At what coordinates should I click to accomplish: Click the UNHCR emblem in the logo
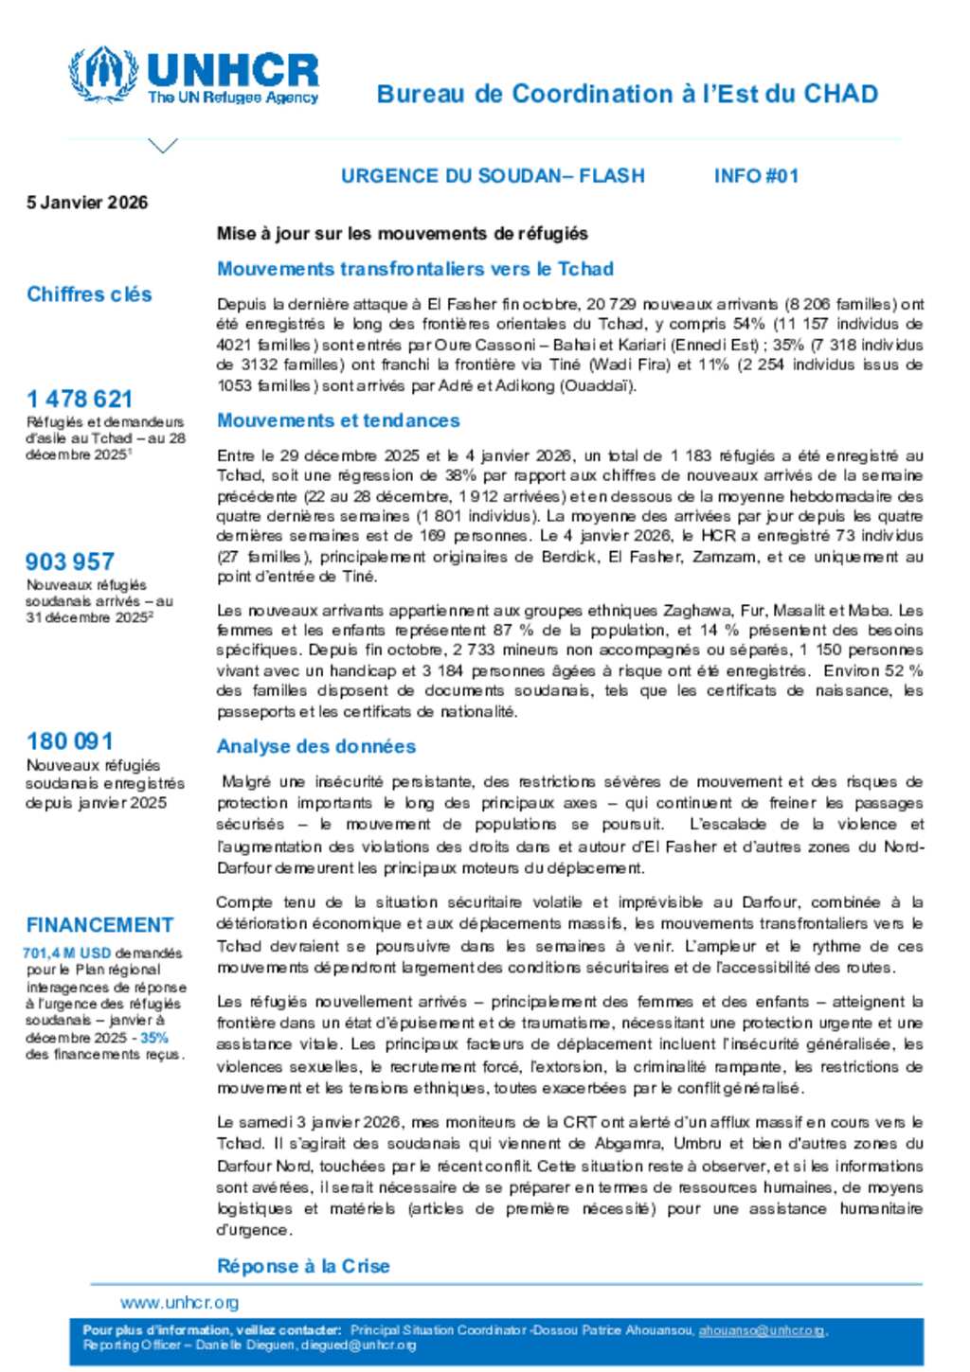[x=103, y=74]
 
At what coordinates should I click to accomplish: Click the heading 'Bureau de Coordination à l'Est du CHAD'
[x=627, y=94]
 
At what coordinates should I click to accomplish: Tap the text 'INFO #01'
[x=756, y=176]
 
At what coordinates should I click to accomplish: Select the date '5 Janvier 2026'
[x=87, y=202]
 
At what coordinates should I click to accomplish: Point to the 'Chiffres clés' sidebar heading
[x=89, y=294]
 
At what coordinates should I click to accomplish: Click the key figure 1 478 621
[x=80, y=399]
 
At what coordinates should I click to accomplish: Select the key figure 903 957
[x=70, y=561]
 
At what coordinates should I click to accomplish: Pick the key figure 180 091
[x=70, y=741]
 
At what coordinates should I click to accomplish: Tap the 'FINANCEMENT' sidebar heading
[x=99, y=925]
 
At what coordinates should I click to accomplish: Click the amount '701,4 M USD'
[x=66, y=953]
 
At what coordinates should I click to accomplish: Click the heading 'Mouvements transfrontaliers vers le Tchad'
[x=415, y=269]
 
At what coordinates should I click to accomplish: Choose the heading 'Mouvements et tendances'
[x=338, y=420]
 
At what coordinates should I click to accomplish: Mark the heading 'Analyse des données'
[x=316, y=746]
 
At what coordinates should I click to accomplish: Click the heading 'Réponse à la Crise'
[x=303, y=1266]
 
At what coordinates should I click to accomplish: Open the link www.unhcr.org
[x=179, y=1302]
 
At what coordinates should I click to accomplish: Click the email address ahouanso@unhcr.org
[x=762, y=1330]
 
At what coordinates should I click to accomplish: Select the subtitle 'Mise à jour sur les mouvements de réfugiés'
[x=403, y=234]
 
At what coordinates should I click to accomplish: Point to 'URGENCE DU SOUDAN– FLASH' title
[x=493, y=176]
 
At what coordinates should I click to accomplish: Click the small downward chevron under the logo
[x=163, y=146]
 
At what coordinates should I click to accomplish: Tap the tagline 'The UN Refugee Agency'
[x=233, y=98]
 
